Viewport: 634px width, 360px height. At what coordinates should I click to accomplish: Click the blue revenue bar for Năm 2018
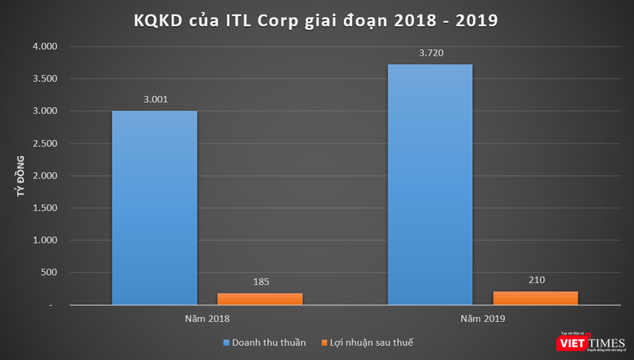(x=155, y=208)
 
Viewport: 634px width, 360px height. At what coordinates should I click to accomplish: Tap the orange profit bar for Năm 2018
(x=260, y=299)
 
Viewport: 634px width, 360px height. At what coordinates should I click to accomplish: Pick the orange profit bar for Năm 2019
(x=535, y=298)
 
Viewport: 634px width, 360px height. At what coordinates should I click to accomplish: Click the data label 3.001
(x=155, y=100)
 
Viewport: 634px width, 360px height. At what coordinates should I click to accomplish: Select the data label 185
(x=260, y=281)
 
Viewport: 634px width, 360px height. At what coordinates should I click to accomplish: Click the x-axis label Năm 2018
(x=207, y=319)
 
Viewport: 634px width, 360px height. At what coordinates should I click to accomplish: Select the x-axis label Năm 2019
(x=482, y=319)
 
